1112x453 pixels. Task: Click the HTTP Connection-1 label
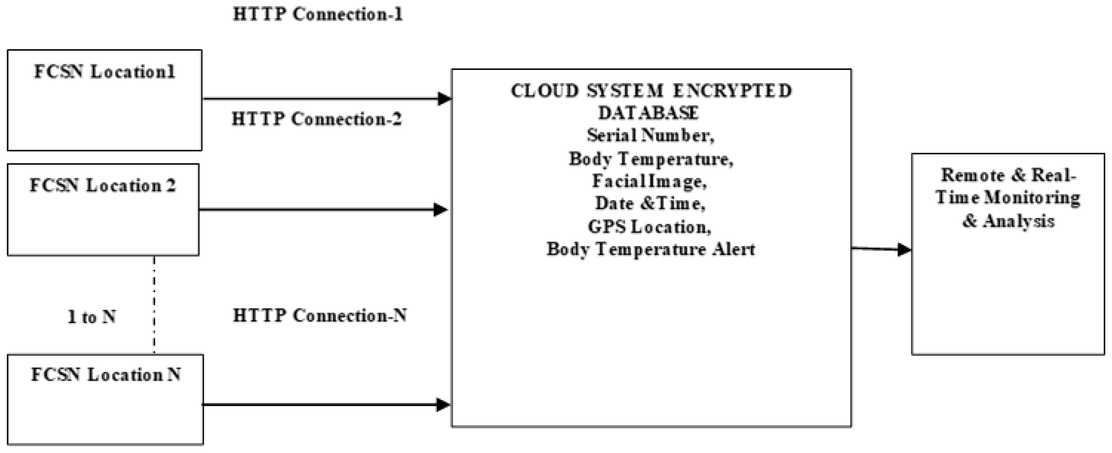coord(318,14)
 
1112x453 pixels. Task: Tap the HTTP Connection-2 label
coord(316,119)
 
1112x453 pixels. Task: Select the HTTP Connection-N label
coord(319,316)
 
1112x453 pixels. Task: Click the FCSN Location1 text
coord(104,72)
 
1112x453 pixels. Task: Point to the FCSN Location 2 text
coord(103,186)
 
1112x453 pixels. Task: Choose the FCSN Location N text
coord(106,375)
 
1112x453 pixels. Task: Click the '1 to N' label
coord(91,317)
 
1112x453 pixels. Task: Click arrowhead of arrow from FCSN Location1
coord(444,99)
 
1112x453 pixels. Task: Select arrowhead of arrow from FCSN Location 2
coord(440,210)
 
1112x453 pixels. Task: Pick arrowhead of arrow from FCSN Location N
coord(443,405)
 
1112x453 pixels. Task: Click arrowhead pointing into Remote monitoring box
coord(904,249)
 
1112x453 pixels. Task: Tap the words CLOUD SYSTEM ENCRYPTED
coord(651,91)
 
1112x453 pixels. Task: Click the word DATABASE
coord(648,113)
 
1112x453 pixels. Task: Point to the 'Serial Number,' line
coord(650,136)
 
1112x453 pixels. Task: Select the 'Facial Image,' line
coord(649,181)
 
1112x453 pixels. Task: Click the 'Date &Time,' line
coord(650,204)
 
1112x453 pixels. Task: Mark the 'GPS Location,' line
coord(649,227)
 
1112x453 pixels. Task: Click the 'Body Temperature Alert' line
coord(651,249)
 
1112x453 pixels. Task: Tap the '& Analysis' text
coord(1008,222)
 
